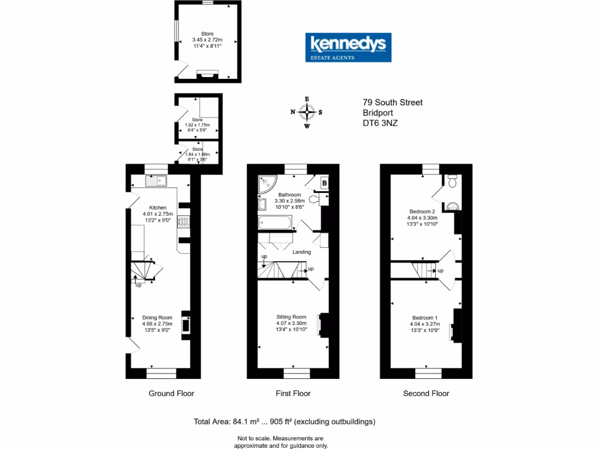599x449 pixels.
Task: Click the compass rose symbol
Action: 307,112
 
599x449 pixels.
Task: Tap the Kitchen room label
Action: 158,208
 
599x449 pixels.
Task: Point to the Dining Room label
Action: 157,317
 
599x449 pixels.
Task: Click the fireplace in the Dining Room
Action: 185,324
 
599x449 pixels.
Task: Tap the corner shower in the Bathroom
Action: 266,185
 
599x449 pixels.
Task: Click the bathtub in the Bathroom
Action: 274,223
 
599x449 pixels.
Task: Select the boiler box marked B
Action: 323,183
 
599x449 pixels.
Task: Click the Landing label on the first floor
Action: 302,252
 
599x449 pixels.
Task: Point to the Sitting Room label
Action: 291,317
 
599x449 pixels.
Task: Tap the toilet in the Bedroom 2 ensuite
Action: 451,182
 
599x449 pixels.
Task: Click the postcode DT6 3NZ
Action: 380,123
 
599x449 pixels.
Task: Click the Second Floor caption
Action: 426,393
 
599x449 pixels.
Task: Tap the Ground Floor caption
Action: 171,393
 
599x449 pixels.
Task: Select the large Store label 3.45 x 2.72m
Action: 207,40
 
